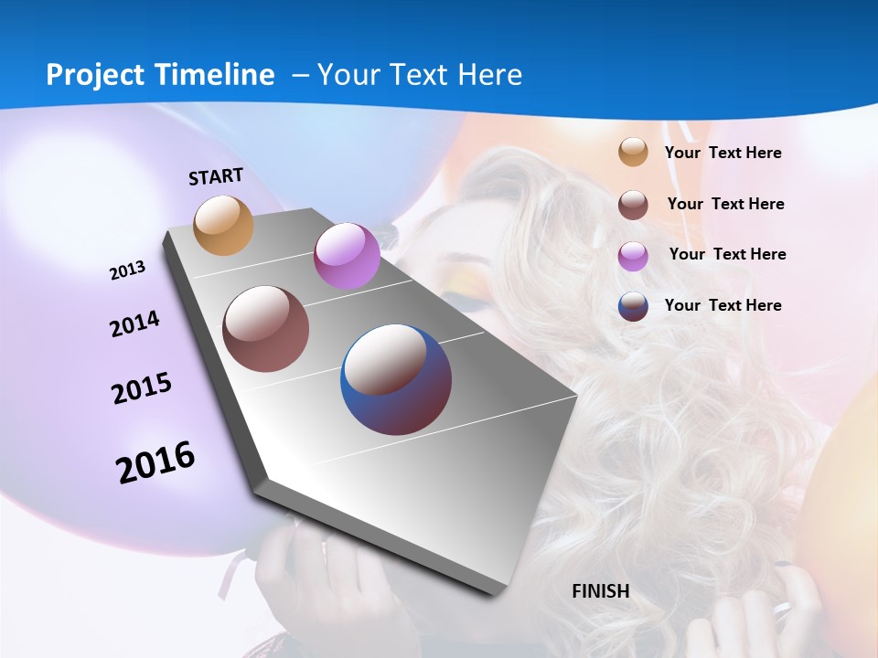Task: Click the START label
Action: [216, 176]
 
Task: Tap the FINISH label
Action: [601, 591]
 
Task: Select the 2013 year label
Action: [128, 271]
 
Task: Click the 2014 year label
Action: [135, 324]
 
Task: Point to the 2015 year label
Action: [142, 388]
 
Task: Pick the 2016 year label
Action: [155, 462]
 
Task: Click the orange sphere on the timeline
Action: [224, 225]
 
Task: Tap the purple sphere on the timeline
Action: [347, 256]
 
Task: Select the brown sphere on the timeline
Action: [266, 329]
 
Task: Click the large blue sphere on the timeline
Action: [396, 379]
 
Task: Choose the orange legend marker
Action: [633, 153]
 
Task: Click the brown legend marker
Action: [633, 205]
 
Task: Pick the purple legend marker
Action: [633, 255]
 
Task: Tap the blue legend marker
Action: [633, 306]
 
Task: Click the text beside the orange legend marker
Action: [723, 153]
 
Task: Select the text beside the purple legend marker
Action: [727, 254]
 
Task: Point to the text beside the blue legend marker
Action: [723, 305]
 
